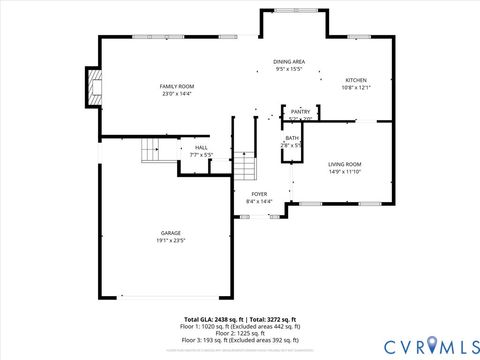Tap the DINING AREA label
(290, 62)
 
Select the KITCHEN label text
(356, 80)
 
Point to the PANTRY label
(301, 111)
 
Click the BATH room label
(291, 138)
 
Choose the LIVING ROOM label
(345, 163)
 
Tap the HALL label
(201, 147)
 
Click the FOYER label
(259, 194)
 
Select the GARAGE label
(170, 233)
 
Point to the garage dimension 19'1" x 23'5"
(170, 241)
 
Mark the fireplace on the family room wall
(94, 86)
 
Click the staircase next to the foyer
(246, 166)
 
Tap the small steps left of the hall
(150, 150)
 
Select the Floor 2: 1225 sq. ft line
(240, 333)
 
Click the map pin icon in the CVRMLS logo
(433, 345)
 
